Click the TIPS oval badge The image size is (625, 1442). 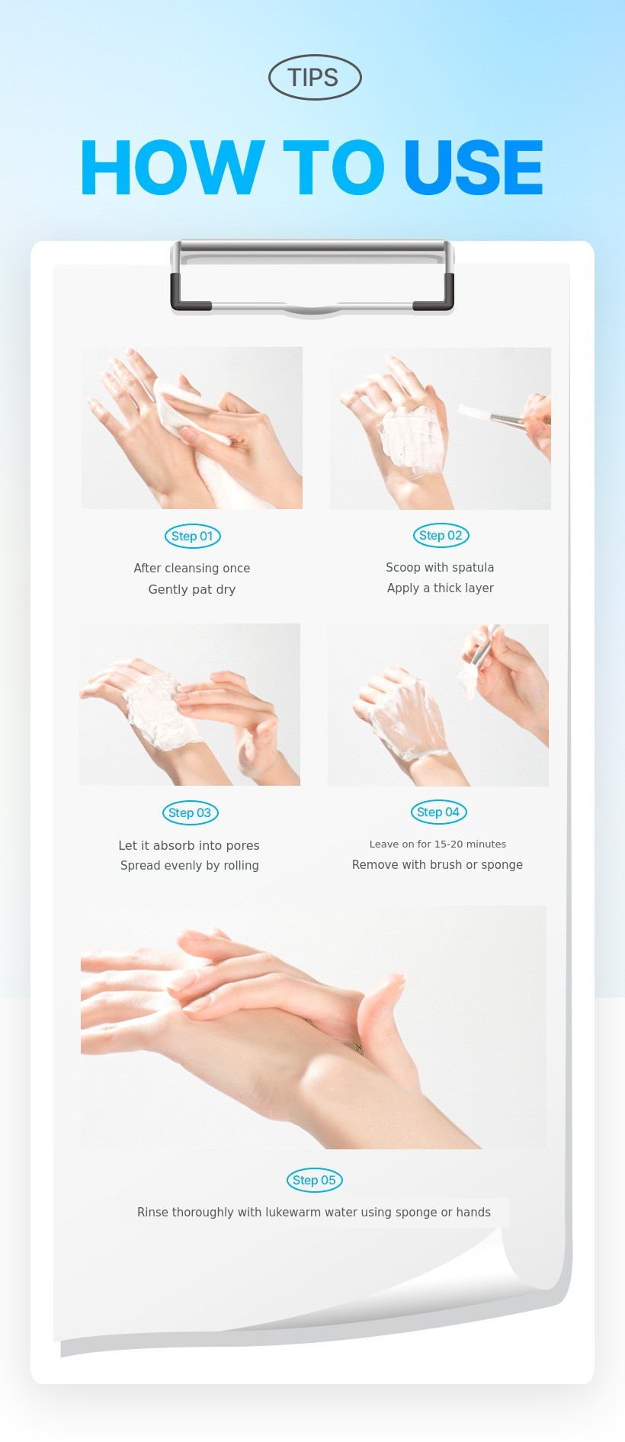315,77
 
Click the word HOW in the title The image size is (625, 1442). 173,168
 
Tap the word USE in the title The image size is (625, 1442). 473,168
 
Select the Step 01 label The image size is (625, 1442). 193,536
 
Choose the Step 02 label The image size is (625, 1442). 441,535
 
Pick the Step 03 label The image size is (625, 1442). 191,812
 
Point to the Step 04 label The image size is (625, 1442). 438,812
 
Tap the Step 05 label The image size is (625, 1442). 315,1180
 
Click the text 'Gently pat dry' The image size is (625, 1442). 192,589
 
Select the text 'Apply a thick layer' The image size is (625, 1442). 441,588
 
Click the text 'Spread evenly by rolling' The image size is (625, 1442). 190,865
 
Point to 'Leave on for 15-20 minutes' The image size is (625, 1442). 437,844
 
